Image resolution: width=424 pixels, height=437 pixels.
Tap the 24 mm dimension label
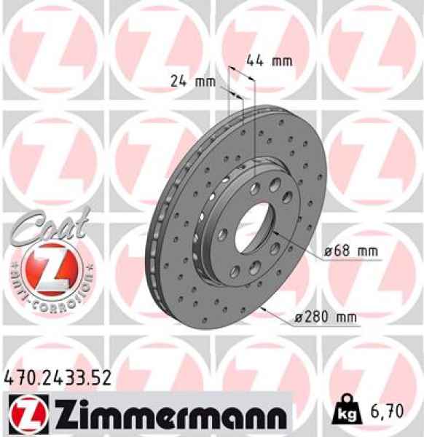coord(193,82)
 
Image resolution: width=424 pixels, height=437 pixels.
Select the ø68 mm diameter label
coord(352,252)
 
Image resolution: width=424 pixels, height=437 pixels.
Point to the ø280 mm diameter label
coord(325,317)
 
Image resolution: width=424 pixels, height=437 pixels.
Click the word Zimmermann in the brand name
coord(168,417)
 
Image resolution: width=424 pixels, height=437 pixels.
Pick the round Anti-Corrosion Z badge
coord(49,267)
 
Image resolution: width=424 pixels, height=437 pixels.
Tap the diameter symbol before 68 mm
coord(329,252)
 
